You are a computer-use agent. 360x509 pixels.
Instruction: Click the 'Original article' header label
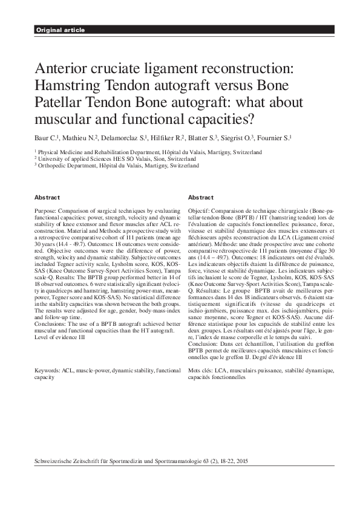60,30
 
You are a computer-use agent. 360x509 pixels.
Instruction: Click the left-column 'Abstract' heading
47,198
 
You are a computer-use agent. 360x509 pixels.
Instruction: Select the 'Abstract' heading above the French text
201,198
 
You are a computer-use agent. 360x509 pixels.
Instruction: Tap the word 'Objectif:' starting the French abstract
200,209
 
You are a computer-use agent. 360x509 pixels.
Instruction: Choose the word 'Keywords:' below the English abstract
48,369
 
